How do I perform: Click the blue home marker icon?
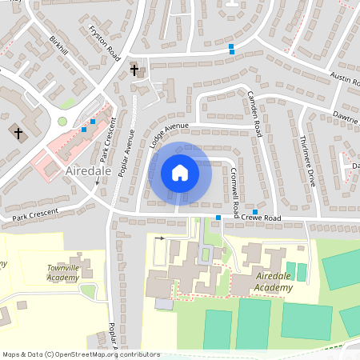pyautogui.click(x=180, y=173)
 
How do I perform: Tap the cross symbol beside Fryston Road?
pyautogui.click(x=134, y=71)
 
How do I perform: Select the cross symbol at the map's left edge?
pyautogui.click(x=18, y=132)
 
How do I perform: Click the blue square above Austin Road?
pyautogui.click(x=231, y=48)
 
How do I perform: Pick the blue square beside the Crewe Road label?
pyautogui.click(x=254, y=210)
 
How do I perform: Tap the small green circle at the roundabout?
pyautogui.click(x=62, y=122)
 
